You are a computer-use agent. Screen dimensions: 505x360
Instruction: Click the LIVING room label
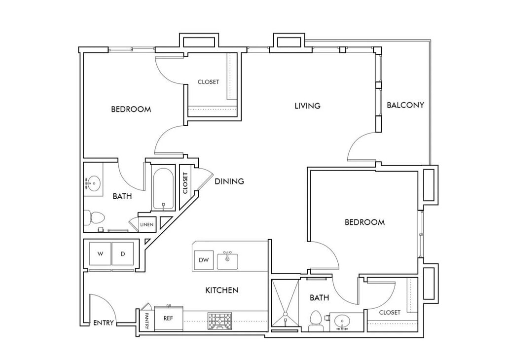[x=307, y=106]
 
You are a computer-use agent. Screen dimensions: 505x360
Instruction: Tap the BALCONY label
[x=405, y=105]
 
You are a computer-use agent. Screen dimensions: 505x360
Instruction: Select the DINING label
[x=229, y=181]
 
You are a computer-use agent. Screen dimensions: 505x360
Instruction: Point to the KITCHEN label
[x=222, y=290]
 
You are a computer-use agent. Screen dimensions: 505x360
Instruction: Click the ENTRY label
[x=104, y=323]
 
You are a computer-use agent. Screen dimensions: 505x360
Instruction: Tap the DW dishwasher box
[x=203, y=260]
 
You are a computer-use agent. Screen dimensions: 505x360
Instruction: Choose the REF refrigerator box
[x=169, y=318]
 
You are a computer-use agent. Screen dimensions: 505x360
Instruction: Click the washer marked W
[x=101, y=254]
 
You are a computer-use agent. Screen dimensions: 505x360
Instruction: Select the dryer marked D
[x=123, y=254]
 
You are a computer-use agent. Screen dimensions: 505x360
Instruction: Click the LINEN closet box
[x=147, y=224]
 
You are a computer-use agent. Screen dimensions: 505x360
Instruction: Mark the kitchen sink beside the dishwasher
[x=228, y=260]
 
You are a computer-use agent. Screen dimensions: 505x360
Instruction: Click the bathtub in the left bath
[x=163, y=190]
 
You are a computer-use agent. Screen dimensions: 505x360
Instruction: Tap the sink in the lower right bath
[x=343, y=322]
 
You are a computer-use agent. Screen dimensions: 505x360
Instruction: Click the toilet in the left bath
[x=94, y=216]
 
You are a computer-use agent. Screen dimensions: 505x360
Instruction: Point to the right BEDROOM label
[x=364, y=222]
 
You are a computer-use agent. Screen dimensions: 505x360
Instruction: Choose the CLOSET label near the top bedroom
[x=208, y=82]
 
